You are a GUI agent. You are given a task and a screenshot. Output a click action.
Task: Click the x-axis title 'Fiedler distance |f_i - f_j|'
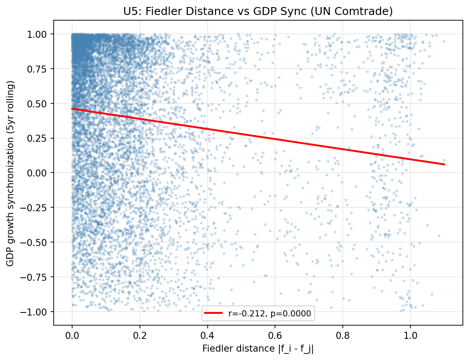click(258, 349)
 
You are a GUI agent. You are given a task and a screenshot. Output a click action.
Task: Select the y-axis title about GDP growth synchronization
click(10, 173)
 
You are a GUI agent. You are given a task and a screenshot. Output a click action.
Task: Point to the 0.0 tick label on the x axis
click(72, 335)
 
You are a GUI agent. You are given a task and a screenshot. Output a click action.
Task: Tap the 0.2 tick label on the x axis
click(140, 335)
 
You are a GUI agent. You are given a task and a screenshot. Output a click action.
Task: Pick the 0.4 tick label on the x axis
click(208, 335)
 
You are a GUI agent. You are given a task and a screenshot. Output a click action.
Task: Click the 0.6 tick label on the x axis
click(275, 335)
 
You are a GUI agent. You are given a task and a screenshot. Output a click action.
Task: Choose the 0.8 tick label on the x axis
click(343, 335)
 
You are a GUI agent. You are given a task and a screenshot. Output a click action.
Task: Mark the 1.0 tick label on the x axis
click(410, 335)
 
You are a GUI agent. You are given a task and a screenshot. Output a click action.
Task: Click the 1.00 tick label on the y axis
click(40, 34)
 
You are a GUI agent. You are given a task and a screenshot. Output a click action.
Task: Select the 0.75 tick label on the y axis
click(40, 69)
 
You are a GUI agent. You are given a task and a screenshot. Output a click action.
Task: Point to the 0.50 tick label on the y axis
click(40, 104)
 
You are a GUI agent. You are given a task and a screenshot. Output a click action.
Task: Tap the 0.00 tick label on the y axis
click(40, 173)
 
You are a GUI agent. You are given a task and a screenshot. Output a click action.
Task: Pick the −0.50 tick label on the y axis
click(37, 242)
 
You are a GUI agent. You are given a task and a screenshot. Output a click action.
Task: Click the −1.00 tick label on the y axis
click(37, 312)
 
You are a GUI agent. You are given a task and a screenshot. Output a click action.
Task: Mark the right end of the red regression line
click(444, 165)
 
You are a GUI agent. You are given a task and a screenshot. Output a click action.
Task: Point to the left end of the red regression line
click(72, 109)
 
